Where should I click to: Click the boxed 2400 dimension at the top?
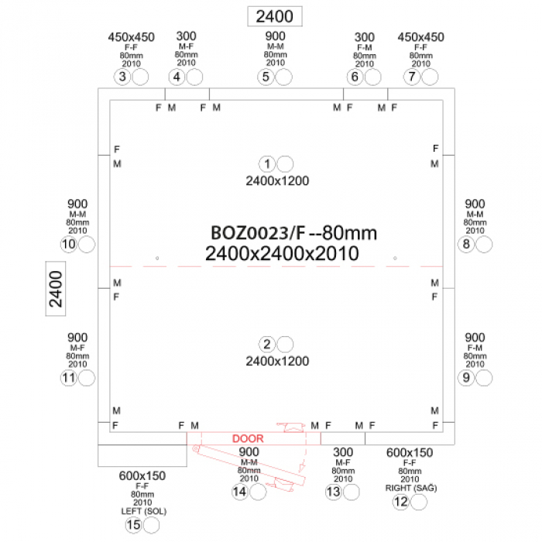pyautogui.click(x=275, y=16)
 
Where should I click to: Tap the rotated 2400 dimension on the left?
pyautogui.click(x=56, y=289)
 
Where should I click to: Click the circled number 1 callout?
pyautogui.click(x=267, y=164)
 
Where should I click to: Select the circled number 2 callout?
pyautogui.click(x=267, y=345)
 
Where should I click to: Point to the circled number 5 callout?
pyautogui.click(x=266, y=77)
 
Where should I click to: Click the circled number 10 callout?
pyautogui.click(x=69, y=245)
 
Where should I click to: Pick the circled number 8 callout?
pyautogui.click(x=466, y=245)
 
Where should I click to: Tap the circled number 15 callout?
pyautogui.click(x=134, y=525)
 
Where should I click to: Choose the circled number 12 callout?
pyautogui.click(x=401, y=502)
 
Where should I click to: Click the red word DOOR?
pyautogui.click(x=248, y=439)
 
